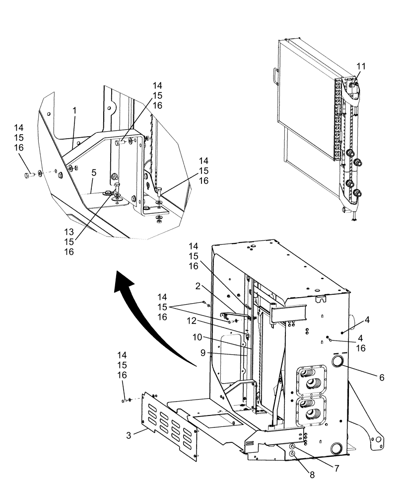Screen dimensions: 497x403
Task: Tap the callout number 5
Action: pyautogui.click(x=93, y=174)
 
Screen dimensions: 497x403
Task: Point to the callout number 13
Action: pyautogui.click(x=69, y=232)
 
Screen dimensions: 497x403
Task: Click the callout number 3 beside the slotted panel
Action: pyautogui.click(x=129, y=436)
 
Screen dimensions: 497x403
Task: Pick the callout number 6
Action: pyautogui.click(x=381, y=378)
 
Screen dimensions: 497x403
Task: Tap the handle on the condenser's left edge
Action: pyautogui.click(x=274, y=75)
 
